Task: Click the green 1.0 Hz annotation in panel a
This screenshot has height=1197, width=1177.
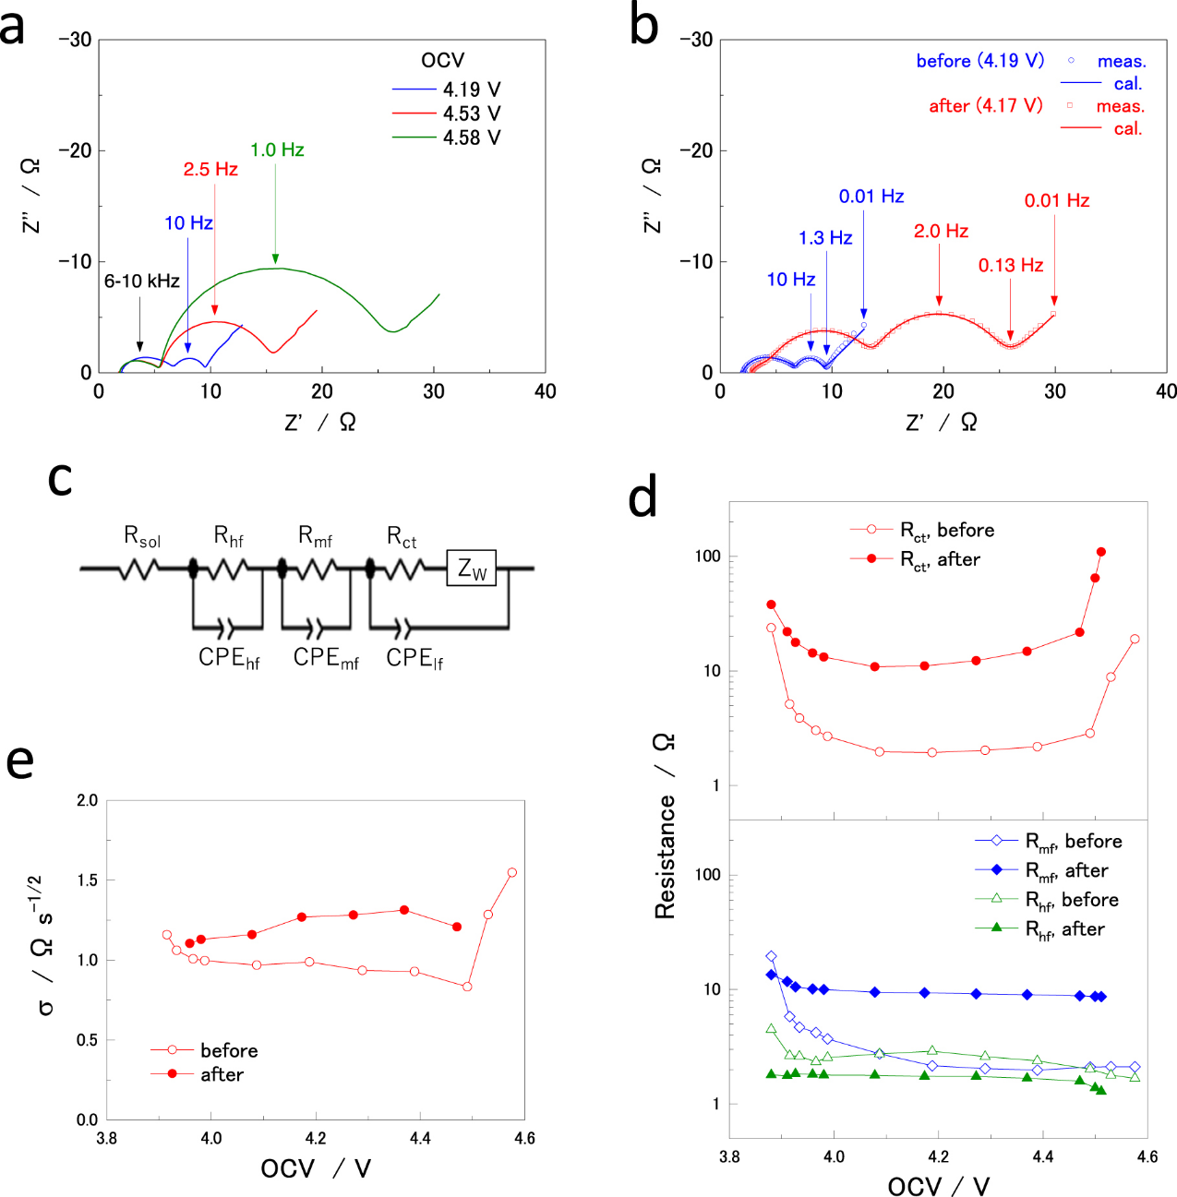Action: tap(277, 150)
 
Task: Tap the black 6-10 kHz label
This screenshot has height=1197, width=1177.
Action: tap(141, 281)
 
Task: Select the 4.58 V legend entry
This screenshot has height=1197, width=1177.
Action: tap(446, 138)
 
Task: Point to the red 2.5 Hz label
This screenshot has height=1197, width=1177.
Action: tap(210, 169)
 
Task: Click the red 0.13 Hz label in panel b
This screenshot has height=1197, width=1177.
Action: tap(1011, 265)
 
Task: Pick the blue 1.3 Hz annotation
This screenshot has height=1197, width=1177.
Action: tap(825, 238)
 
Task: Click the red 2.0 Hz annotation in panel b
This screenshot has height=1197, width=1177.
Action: tap(941, 231)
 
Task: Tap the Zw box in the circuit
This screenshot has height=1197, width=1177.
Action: tap(471, 568)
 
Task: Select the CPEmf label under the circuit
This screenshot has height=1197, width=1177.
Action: tap(326, 658)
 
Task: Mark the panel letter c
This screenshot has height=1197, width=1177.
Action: tap(60, 479)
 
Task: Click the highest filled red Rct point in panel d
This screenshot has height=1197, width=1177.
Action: tap(1101, 552)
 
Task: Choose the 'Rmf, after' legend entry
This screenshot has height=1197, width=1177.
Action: tap(1041, 870)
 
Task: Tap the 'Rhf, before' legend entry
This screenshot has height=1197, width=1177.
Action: tap(1047, 900)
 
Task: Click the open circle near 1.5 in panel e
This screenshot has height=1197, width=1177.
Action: tap(512, 872)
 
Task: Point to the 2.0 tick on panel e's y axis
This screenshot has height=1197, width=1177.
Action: tap(87, 800)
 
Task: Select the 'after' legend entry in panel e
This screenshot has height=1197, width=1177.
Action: tap(197, 1074)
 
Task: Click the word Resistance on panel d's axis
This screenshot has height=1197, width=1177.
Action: tap(665, 856)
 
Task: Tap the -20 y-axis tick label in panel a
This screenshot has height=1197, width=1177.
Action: tap(75, 150)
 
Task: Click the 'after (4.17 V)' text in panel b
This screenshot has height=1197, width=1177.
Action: tap(986, 105)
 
